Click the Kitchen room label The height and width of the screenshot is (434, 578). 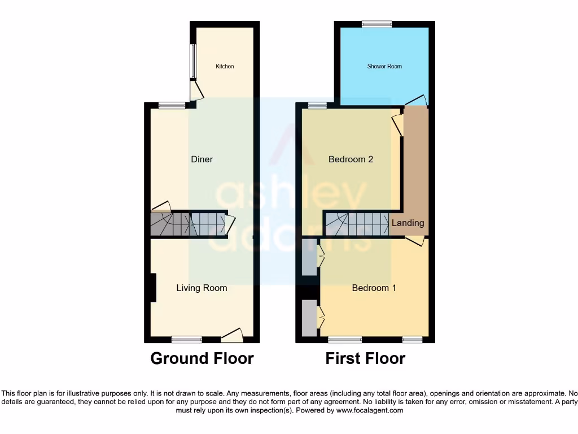(x=225, y=67)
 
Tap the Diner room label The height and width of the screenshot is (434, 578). (x=202, y=159)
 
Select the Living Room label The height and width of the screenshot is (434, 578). (x=202, y=288)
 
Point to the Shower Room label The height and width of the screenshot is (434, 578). (x=384, y=67)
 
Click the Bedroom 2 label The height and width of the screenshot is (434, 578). (x=351, y=159)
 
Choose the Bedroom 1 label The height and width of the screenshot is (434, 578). (x=374, y=288)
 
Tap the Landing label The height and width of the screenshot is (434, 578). (x=408, y=223)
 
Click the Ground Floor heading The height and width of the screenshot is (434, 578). (x=202, y=358)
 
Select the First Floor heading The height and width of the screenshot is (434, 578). (x=365, y=358)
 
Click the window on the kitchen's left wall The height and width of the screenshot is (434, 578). (x=193, y=61)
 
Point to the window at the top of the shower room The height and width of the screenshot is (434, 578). (x=376, y=24)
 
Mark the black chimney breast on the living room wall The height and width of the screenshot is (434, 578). (x=152, y=288)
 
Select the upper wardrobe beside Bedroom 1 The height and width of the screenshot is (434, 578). (x=309, y=257)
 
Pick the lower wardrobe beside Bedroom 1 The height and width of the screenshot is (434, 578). (x=309, y=318)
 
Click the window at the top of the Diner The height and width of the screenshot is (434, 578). (x=172, y=105)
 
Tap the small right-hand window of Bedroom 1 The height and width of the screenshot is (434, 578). (x=413, y=340)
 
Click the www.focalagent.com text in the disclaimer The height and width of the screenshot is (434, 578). (x=370, y=410)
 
